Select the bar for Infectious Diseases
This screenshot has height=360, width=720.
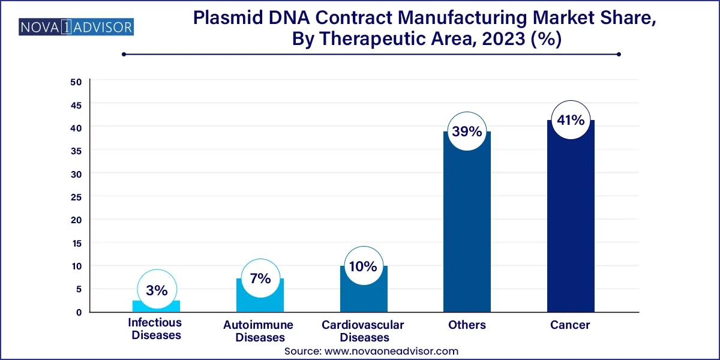tap(156, 306)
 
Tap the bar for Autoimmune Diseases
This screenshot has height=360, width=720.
tap(260, 297)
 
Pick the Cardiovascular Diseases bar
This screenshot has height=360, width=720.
tap(364, 291)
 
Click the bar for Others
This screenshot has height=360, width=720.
tap(467, 228)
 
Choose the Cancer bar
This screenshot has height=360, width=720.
tap(571, 222)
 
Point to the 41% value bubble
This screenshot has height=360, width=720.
tap(571, 120)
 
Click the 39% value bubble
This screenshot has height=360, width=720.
tap(467, 131)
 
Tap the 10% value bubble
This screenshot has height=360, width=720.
tap(363, 266)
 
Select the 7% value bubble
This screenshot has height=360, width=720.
tap(260, 279)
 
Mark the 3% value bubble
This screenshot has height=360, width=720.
tap(157, 290)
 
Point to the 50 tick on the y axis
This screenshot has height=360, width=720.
tap(76, 82)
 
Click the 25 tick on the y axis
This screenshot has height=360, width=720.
tap(76, 197)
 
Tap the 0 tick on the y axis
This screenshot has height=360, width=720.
tap(78, 312)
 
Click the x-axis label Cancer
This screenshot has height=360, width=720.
tap(570, 325)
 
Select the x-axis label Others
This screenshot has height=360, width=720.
tap(467, 325)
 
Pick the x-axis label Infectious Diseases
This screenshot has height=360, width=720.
tap(155, 329)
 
